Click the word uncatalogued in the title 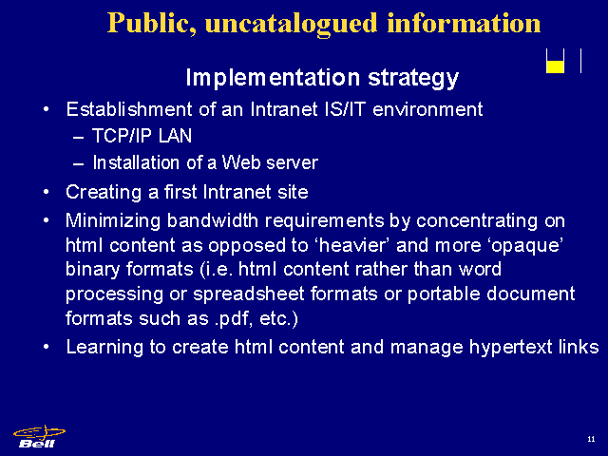292,24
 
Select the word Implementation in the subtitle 273,77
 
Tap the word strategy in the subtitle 413,78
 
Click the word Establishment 129,109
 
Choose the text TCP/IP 122,136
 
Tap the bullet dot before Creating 47,192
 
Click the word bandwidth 213,220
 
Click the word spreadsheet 249,294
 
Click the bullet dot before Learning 47,347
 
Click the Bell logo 39,437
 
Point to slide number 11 591,439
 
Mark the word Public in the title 152,23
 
